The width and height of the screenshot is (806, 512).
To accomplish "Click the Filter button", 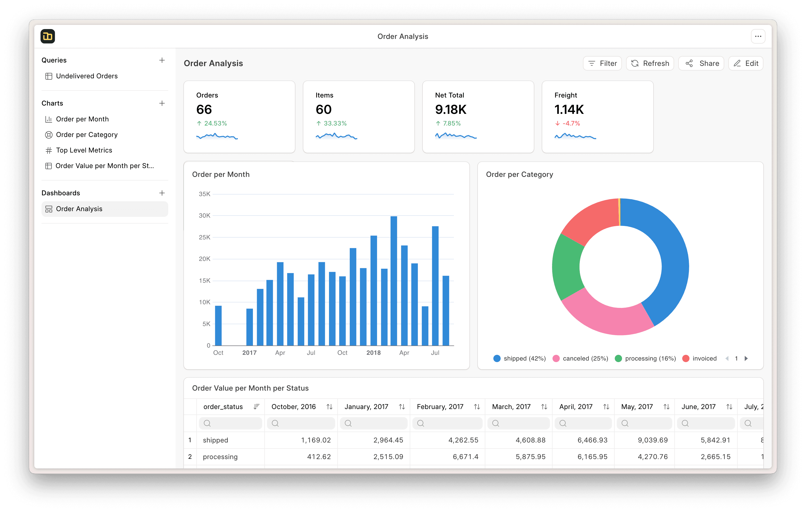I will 602,63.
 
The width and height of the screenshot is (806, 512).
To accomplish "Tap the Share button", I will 701,63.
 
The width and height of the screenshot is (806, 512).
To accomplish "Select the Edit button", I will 746,63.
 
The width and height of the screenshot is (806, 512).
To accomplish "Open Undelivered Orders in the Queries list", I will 86,76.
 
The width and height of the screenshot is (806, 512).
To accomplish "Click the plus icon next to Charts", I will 162,103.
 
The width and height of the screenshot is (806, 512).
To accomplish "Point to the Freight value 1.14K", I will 569,110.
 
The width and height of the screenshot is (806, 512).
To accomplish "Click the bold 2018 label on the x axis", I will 373,353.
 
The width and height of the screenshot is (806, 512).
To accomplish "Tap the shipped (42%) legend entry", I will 520,358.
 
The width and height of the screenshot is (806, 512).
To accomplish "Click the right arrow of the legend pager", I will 746,358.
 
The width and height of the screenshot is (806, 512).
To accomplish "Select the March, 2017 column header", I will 511,407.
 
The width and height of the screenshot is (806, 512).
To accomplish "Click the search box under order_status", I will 230,423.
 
